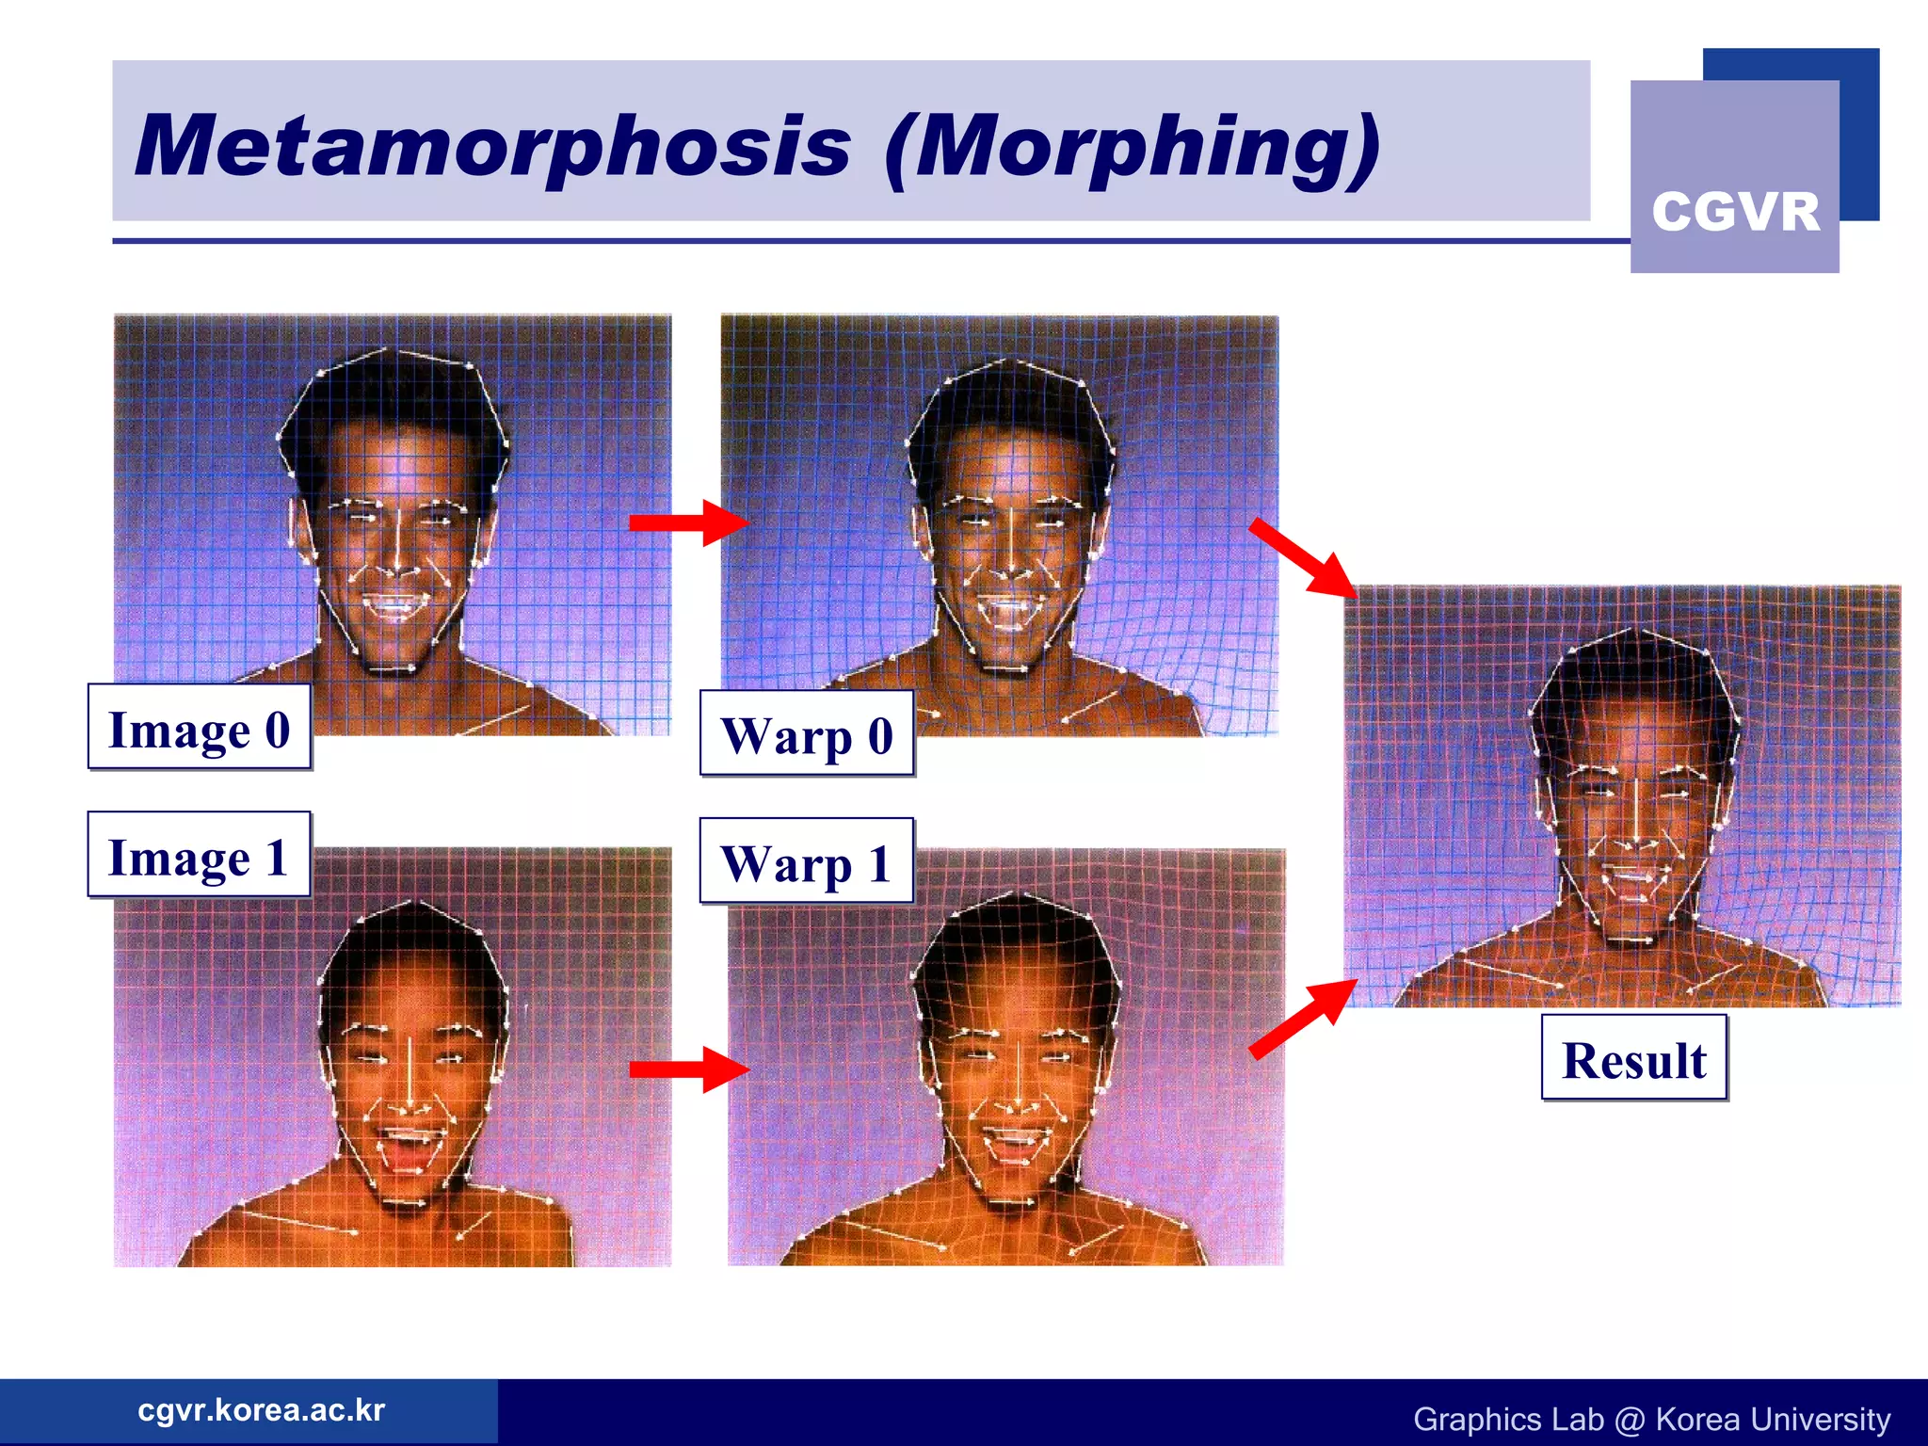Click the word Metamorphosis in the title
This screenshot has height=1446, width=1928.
coord(492,146)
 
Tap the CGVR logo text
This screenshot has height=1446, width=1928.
coord(1735,211)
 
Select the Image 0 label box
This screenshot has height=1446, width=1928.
coord(200,728)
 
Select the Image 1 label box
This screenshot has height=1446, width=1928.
coord(199,856)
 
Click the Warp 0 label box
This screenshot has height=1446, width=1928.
coord(807,734)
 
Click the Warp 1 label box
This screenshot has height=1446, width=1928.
coord(806,862)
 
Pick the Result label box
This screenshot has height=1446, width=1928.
coord(1634,1058)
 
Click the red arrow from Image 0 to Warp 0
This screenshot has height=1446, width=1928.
coord(687,522)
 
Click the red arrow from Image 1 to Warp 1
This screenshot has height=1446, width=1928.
coord(687,1068)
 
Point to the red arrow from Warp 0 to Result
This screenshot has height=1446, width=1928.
coord(1303,557)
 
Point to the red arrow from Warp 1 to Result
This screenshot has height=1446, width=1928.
coord(1303,1019)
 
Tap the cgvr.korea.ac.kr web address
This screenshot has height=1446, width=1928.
coord(261,1410)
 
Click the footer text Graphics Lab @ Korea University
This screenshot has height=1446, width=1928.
coord(1651,1419)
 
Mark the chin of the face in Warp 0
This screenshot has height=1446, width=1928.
coord(1005,659)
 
